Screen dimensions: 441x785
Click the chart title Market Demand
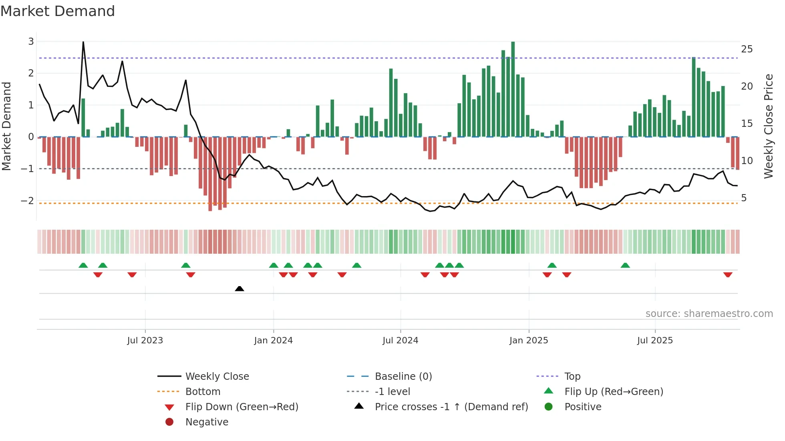(58, 11)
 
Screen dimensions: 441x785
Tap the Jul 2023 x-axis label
(145, 341)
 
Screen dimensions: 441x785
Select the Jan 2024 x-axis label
(273, 341)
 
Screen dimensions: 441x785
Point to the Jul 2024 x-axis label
(400, 341)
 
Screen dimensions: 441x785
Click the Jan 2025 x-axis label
(529, 341)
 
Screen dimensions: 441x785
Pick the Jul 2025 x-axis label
(655, 341)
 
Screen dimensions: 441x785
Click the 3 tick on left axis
(31, 42)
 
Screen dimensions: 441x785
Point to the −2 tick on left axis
(28, 200)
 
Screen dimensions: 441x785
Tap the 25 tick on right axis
(747, 49)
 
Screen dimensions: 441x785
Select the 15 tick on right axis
(747, 124)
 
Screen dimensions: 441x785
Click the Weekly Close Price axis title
(768, 126)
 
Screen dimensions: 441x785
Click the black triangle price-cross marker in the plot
(240, 289)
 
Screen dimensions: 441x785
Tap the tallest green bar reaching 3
(513, 88)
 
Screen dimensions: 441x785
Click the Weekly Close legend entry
(217, 376)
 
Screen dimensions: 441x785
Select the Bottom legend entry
(203, 391)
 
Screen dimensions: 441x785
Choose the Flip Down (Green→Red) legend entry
(242, 407)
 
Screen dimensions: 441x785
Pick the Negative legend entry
(207, 422)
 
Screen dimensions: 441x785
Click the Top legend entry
(572, 376)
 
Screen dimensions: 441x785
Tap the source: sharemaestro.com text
(709, 313)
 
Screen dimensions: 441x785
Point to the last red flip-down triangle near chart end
(728, 275)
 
